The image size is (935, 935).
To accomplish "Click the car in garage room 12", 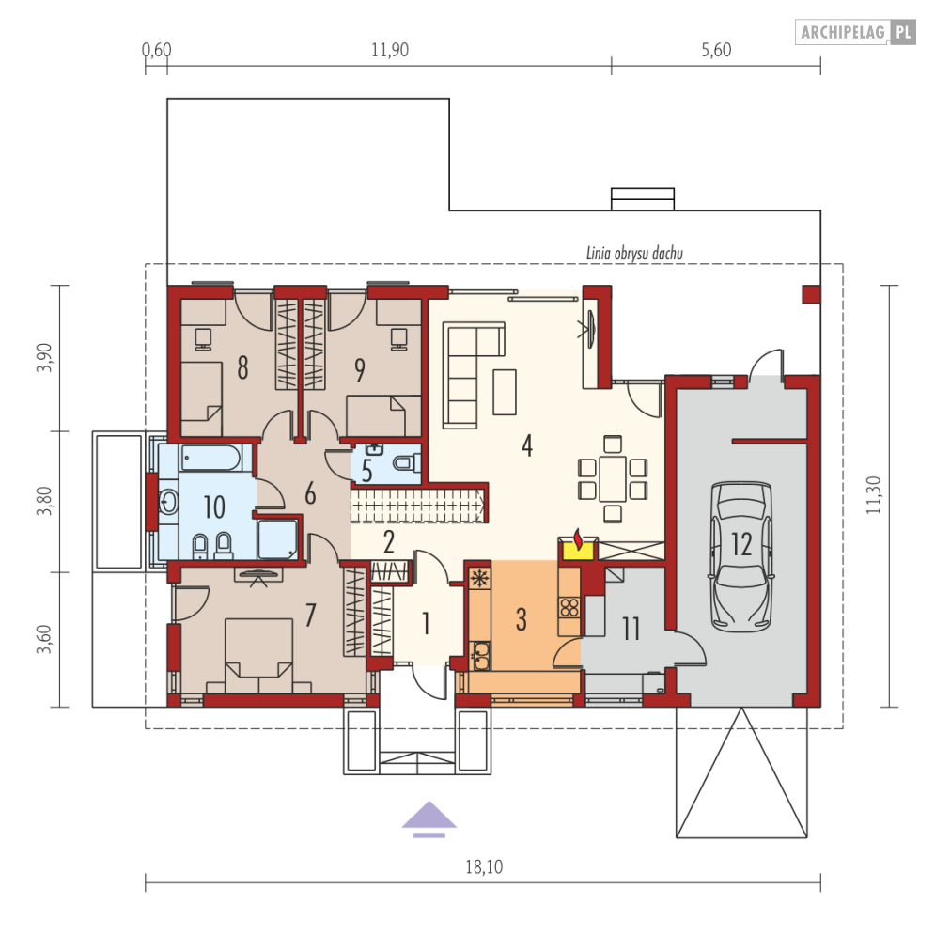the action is tap(741, 556).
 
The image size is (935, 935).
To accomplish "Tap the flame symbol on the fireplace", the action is tap(577, 538).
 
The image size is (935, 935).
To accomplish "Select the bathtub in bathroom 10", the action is tap(211, 458).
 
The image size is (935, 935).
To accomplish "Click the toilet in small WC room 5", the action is tap(407, 462).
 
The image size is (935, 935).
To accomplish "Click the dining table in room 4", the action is tap(613, 479).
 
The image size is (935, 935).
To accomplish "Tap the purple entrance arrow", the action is tap(429, 818).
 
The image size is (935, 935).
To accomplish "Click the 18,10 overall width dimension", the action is tap(484, 866).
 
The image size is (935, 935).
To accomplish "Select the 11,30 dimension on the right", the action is tap(874, 495).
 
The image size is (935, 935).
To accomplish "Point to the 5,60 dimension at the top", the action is tap(716, 50).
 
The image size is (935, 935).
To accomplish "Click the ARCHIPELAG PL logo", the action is tap(855, 32).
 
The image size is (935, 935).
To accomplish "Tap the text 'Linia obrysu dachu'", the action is tap(634, 254).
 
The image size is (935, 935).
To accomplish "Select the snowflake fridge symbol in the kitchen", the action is tap(479, 578).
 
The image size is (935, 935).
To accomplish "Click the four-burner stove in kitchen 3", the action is tap(569, 607).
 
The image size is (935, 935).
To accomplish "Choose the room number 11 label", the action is tap(631, 629).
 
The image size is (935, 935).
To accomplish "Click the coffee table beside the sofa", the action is tap(505, 392).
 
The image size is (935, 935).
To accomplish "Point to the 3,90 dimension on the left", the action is tap(45, 358).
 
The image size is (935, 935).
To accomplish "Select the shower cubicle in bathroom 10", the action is tap(277, 539).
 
